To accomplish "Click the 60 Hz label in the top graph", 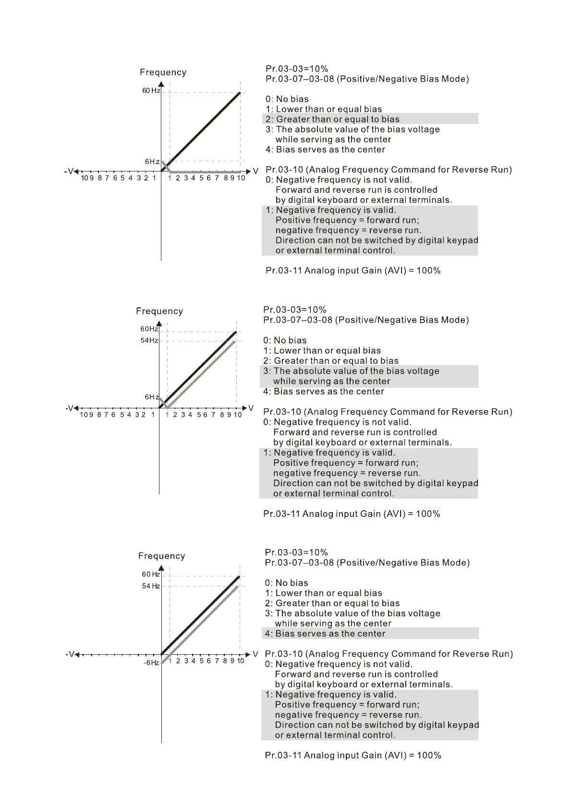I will click(x=151, y=91).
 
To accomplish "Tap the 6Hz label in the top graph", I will click(x=152, y=162).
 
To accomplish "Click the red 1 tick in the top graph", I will click(x=170, y=178).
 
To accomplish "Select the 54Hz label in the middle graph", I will click(x=149, y=341).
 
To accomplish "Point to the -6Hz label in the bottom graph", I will click(x=151, y=663).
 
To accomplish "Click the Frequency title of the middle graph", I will click(x=159, y=311).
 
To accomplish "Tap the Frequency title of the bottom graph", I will click(x=161, y=556).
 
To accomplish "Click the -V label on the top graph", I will click(x=69, y=172).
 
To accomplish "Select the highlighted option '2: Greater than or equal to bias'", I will click(x=332, y=119).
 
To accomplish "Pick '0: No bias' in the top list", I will click(x=287, y=99).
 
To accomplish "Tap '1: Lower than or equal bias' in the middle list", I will click(x=322, y=351).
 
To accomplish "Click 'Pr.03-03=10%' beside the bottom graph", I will click(x=296, y=552).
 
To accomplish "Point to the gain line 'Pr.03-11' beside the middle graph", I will click(x=352, y=514).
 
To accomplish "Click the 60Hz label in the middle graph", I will click(x=149, y=329).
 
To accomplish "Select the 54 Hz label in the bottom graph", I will click(x=151, y=586).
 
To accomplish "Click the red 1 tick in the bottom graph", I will click(x=170, y=661).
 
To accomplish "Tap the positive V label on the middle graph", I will click(x=251, y=408).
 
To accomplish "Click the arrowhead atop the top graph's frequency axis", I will click(x=161, y=85).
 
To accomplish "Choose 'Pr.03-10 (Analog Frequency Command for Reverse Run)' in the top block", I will click(x=389, y=170).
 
